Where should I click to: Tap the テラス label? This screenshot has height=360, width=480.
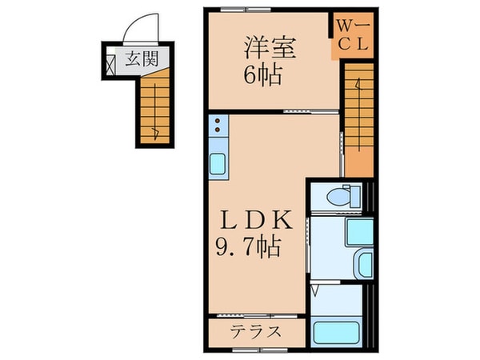tap(256, 331)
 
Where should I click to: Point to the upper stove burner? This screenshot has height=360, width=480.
tap(218, 121)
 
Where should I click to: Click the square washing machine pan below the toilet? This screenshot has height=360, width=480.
tap(358, 231)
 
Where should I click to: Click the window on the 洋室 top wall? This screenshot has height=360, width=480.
tap(233, 10)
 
